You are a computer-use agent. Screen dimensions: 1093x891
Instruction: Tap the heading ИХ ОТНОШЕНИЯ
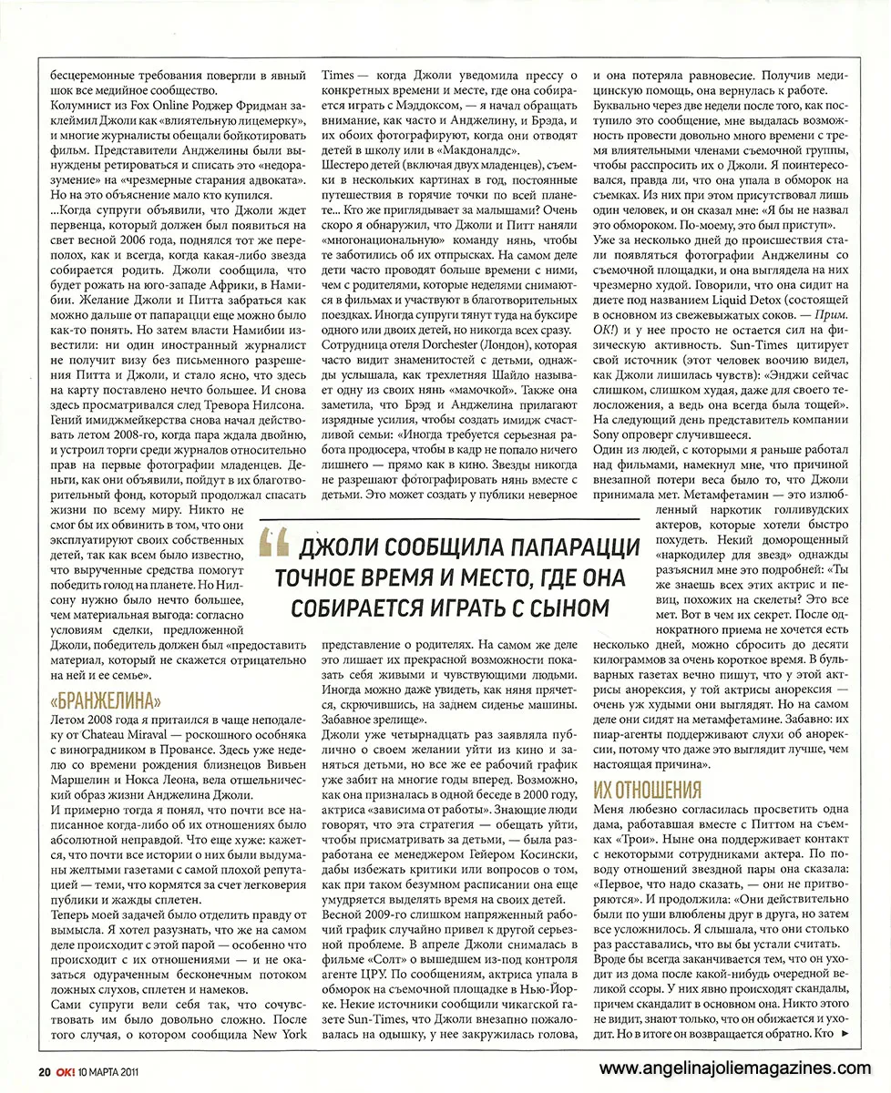click(x=648, y=789)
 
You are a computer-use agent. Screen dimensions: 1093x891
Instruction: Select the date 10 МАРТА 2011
click(x=109, y=1070)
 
